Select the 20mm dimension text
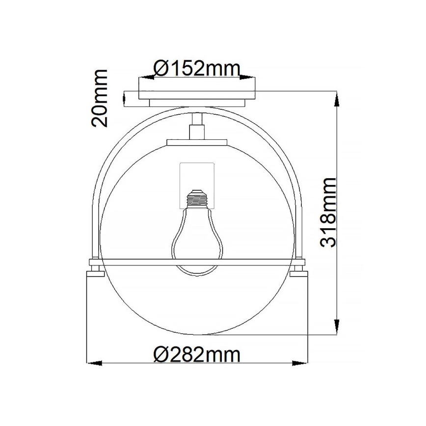tap(100, 98)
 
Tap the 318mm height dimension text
tap(327, 213)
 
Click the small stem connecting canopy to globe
tap(197, 125)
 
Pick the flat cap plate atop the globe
tap(197, 143)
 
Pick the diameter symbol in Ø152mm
tap(160, 68)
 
